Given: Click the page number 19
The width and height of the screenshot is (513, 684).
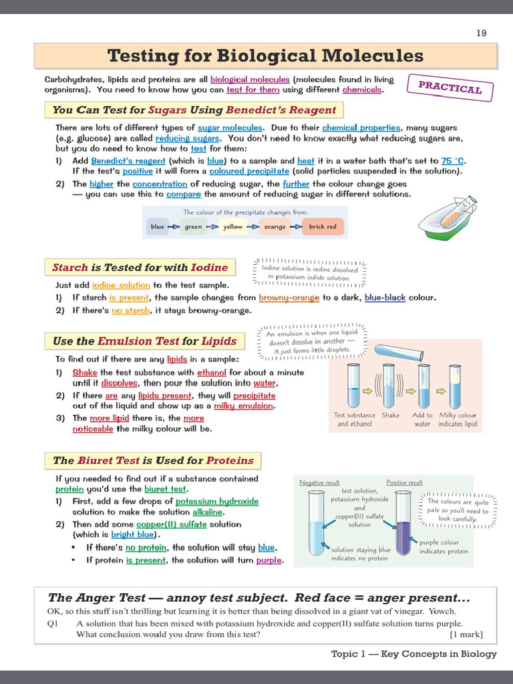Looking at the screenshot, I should [x=481, y=33].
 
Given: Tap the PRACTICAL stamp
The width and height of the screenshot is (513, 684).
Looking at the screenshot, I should [x=450, y=88].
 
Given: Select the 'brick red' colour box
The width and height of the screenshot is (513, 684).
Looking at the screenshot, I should [x=323, y=226].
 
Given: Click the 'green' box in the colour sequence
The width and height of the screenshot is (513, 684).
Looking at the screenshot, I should [x=193, y=226].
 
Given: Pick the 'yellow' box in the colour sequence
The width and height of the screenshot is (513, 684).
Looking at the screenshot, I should [x=233, y=226].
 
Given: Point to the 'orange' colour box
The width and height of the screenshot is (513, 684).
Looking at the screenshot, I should [x=275, y=226].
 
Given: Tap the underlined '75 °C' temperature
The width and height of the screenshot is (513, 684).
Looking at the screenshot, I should [x=452, y=161].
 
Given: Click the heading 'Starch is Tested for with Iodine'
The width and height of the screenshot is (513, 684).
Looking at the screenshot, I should [x=140, y=267].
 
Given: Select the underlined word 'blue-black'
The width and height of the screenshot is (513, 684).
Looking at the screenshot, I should [x=385, y=297].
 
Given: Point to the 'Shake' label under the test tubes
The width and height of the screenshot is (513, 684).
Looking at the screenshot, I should [x=390, y=415].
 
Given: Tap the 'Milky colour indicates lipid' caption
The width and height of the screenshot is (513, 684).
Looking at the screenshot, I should [x=458, y=419].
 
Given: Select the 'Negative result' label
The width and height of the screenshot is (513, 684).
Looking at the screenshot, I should [x=319, y=482].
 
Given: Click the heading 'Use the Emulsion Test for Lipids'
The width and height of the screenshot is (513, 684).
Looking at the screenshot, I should [x=145, y=341].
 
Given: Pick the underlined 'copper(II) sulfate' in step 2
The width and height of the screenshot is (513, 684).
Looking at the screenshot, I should [x=172, y=524].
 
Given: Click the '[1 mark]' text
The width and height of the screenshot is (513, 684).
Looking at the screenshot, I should [x=466, y=634].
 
